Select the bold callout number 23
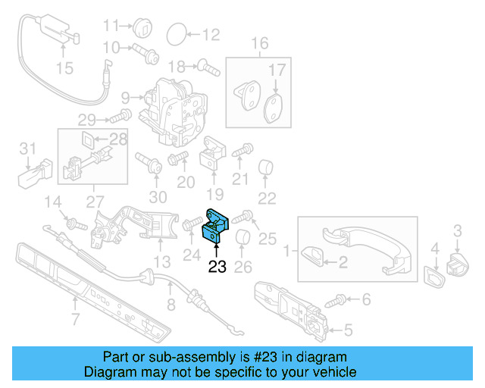point(217,266)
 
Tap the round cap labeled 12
point(175,33)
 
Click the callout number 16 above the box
point(260,43)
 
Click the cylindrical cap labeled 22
point(266,167)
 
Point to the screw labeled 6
point(336,302)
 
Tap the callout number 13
point(161,261)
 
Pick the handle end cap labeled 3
point(458,261)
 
